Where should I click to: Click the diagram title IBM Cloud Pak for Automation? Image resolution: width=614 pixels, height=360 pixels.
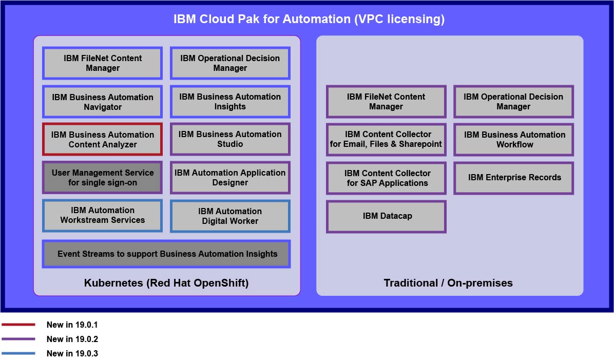point(309,20)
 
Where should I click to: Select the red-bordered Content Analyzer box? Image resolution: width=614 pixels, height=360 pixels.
point(103,139)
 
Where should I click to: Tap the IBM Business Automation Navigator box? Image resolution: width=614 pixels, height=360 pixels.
point(103,102)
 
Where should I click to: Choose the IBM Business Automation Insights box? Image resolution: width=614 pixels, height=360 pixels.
point(230,101)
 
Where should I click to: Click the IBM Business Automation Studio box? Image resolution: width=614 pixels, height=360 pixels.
point(230,139)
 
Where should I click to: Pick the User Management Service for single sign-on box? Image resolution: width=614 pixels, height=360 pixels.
point(103,177)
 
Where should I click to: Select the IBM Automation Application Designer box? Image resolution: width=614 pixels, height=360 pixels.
point(230,177)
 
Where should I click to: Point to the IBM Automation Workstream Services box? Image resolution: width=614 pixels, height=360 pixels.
point(103,215)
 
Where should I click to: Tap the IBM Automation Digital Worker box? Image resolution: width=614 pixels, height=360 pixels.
point(230,216)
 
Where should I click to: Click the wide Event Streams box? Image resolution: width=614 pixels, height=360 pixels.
point(167,254)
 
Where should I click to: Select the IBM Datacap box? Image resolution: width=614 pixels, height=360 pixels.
point(386,216)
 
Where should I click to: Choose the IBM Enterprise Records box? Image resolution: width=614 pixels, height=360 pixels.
point(514,178)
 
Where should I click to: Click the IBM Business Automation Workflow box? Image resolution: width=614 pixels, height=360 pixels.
point(514,139)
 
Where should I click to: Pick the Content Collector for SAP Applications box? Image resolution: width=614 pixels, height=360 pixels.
point(386,178)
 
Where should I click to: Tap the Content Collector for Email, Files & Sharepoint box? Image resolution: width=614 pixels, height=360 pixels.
point(386,139)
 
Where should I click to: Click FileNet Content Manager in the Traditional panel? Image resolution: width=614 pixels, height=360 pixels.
point(386,101)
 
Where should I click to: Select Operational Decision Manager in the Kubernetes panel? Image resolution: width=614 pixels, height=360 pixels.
point(230,63)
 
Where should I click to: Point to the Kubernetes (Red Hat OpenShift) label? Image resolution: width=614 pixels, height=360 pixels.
point(166,283)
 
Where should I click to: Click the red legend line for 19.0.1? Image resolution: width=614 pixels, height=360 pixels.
point(18,325)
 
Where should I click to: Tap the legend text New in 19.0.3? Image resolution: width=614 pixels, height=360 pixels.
point(72,353)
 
